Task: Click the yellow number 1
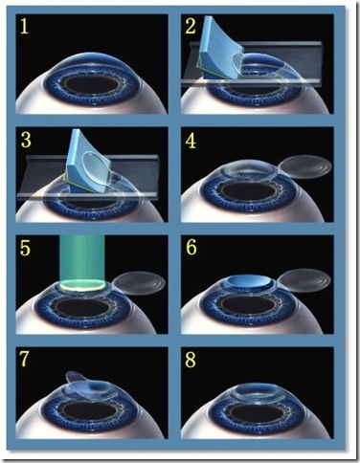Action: coord(24,26)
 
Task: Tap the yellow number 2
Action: coord(191,26)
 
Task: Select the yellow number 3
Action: coord(26,141)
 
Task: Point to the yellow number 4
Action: coord(191,141)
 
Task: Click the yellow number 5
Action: coord(25,248)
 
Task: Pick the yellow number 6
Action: coord(191,248)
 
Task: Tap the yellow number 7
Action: coord(24,360)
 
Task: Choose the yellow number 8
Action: coord(191,360)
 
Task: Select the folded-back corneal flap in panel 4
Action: coord(304,165)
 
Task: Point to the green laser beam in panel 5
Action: coord(82,259)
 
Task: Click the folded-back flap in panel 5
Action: coord(140,283)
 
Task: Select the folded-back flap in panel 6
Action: coord(304,280)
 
